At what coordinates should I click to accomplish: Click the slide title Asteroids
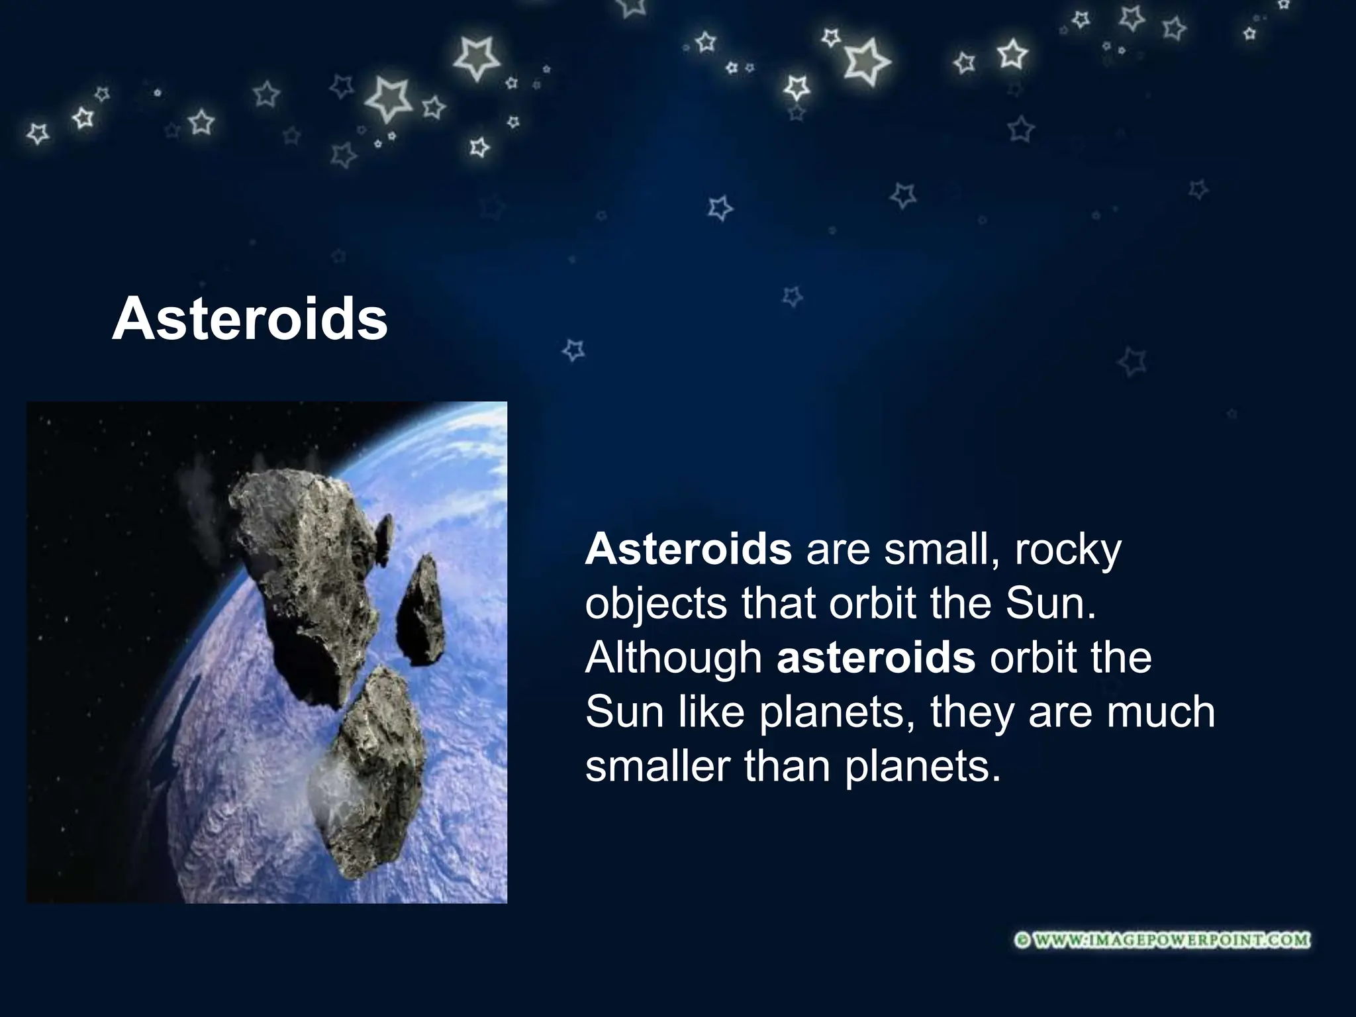tap(250, 320)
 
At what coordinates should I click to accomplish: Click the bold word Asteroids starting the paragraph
tap(688, 549)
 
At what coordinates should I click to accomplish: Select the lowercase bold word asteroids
tap(875, 657)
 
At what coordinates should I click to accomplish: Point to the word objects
tap(655, 605)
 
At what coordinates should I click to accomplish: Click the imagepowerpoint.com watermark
tap(1163, 940)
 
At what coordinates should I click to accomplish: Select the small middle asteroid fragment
tap(420, 609)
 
